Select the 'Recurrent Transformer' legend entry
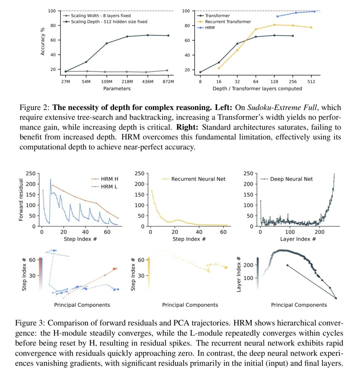(x=228, y=22)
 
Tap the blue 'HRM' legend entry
(x=210, y=28)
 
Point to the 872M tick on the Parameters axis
(x=168, y=82)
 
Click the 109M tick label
(x=107, y=82)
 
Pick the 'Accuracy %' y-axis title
(x=43, y=41)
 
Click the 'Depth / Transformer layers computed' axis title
(x=257, y=89)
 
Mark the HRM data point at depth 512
(x=314, y=11)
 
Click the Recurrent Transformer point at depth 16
(x=219, y=68)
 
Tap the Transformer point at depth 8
(x=200, y=72)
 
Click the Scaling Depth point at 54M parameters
(x=86, y=62)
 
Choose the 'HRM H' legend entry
(x=109, y=179)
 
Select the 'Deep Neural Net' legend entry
(x=291, y=179)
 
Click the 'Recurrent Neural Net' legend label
(x=198, y=179)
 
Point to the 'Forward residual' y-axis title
(x=21, y=200)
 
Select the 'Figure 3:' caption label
(x=30, y=323)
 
